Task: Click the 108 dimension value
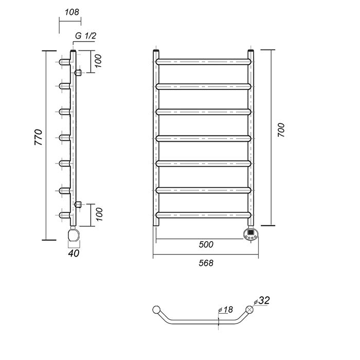click(x=71, y=12)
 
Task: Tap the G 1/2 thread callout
click(x=86, y=35)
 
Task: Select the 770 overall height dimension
click(x=39, y=137)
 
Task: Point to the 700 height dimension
click(x=281, y=130)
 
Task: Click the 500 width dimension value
click(x=206, y=244)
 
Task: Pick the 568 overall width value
click(x=206, y=263)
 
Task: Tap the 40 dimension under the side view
click(x=74, y=253)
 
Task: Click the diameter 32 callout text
click(x=262, y=300)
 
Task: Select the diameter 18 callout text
click(x=226, y=310)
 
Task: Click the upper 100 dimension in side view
click(x=98, y=61)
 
